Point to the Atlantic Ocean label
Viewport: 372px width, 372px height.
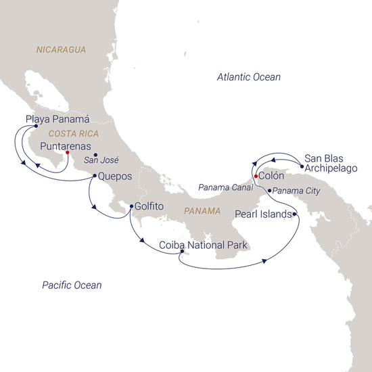coord(248,78)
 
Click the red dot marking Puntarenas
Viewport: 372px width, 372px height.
coord(68,154)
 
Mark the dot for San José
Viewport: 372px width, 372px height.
coord(95,156)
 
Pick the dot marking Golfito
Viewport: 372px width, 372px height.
coord(130,207)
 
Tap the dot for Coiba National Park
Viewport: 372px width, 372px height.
coord(182,254)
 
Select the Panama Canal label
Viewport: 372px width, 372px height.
coord(223,187)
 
